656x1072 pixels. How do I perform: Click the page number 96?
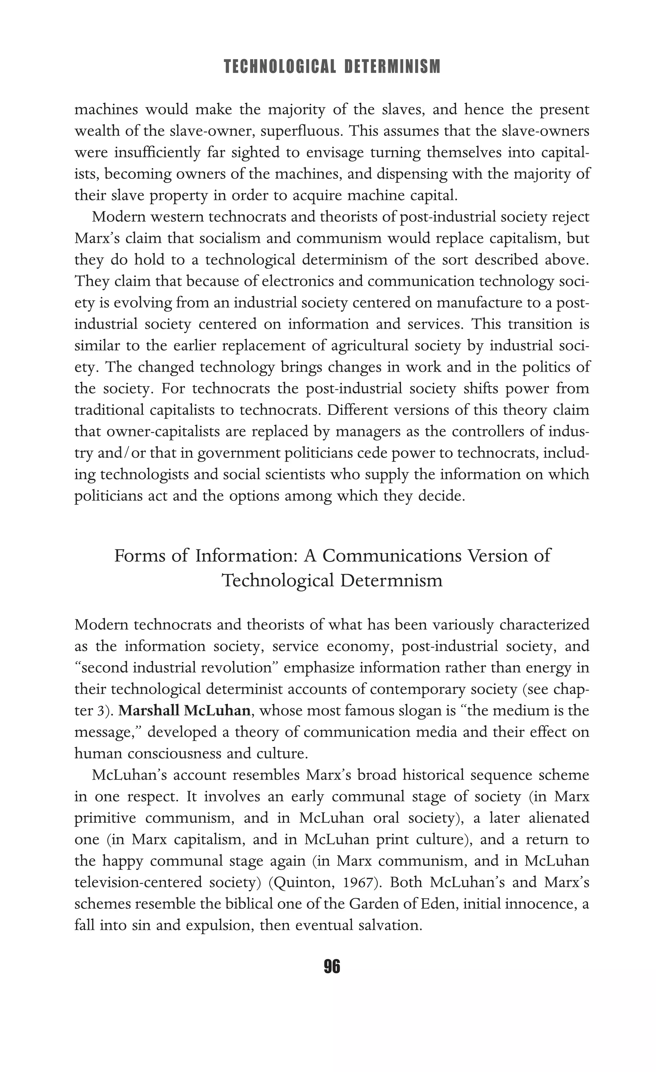332,967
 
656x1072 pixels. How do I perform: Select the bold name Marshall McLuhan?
184,711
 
